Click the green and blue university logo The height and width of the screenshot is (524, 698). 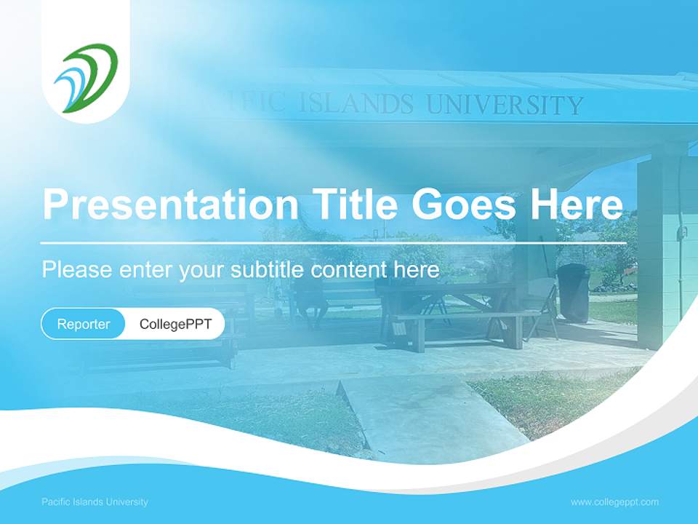pyautogui.click(x=86, y=78)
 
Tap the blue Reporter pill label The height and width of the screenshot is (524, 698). pyautogui.click(x=84, y=324)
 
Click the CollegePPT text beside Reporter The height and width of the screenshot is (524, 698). pyautogui.click(x=175, y=324)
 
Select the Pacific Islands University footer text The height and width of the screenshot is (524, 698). pyautogui.click(x=95, y=501)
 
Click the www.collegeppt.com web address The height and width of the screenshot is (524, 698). pyautogui.click(x=614, y=501)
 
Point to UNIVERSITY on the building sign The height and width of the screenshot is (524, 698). pyautogui.click(x=505, y=106)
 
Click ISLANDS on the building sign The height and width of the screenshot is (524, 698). pyautogui.click(x=356, y=103)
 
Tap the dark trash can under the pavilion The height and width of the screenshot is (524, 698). pyautogui.click(x=573, y=292)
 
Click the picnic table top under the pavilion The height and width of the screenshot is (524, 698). pyautogui.click(x=444, y=289)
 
